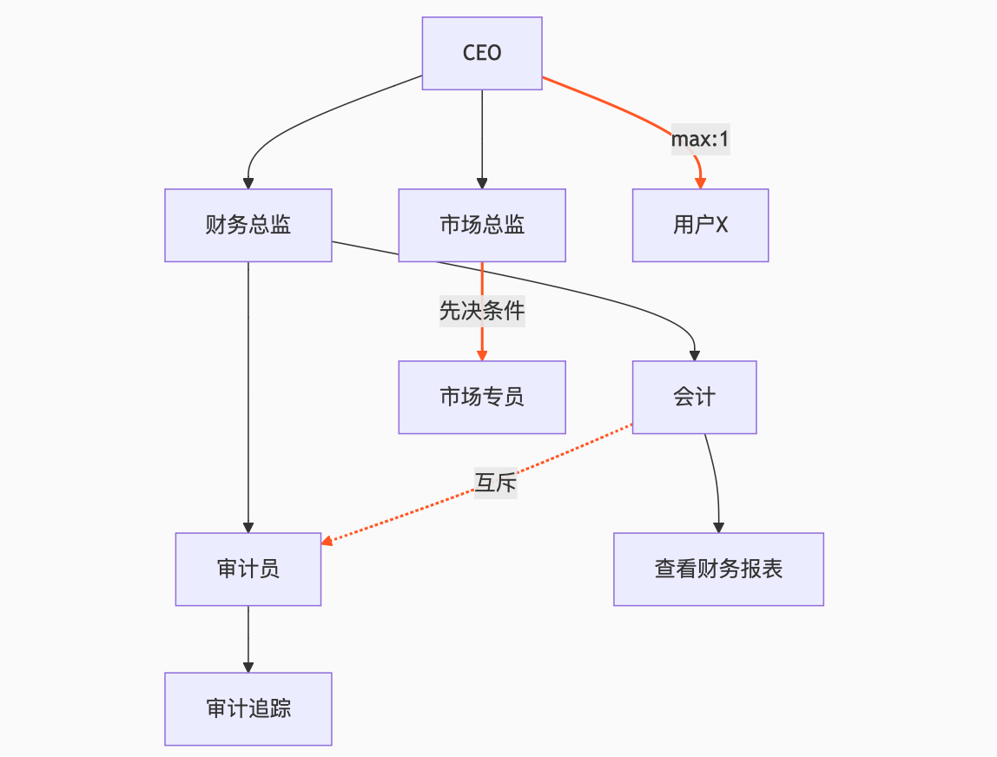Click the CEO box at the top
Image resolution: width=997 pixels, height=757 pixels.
coord(482,53)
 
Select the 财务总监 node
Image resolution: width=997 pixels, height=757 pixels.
coord(248,225)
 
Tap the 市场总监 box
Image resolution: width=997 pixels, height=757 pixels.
coord(482,225)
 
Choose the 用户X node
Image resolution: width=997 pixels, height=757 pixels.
coord(700,225)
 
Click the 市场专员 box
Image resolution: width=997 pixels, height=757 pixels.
coord(482,397)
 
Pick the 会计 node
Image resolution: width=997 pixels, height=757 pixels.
coord(694,397)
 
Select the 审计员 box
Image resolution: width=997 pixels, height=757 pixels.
coord(248,569)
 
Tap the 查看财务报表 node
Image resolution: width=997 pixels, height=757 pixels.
coord(718,569)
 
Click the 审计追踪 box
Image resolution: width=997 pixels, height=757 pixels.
coord(248,708)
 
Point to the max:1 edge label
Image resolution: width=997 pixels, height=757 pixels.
coord(700,139)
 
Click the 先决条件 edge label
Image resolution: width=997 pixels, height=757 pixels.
coord(482,311)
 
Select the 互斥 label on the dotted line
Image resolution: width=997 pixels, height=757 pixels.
coord(495,483)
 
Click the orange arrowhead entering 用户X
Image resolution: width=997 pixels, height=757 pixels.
coord(700,182)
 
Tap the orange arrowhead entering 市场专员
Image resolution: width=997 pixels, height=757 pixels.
coord(482,355)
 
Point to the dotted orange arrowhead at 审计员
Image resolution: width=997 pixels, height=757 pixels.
coord(327,543)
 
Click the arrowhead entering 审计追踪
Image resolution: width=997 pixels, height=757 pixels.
coord(248,667)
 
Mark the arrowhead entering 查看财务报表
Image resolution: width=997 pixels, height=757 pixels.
coord(718,527)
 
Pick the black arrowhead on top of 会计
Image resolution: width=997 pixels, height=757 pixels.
coord(694,355)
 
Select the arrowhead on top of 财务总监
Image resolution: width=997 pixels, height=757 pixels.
coord(248,183)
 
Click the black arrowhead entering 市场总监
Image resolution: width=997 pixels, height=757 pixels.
coord(482,183)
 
